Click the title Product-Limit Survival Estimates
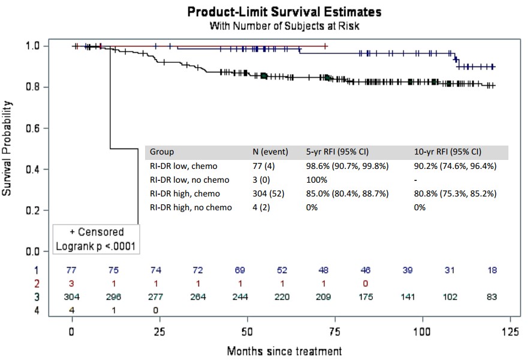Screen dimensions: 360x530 [x=284, y=12]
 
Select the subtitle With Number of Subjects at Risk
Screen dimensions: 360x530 [x=284, y=26]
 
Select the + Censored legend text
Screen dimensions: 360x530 [x=96, y=232]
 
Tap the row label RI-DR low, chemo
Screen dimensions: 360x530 [x=183, y=166]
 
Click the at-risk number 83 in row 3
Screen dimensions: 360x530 [x=492, y=296]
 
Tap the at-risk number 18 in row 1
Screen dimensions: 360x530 [x=492, y=270]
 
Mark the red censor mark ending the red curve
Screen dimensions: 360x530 [x=325, y=46]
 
